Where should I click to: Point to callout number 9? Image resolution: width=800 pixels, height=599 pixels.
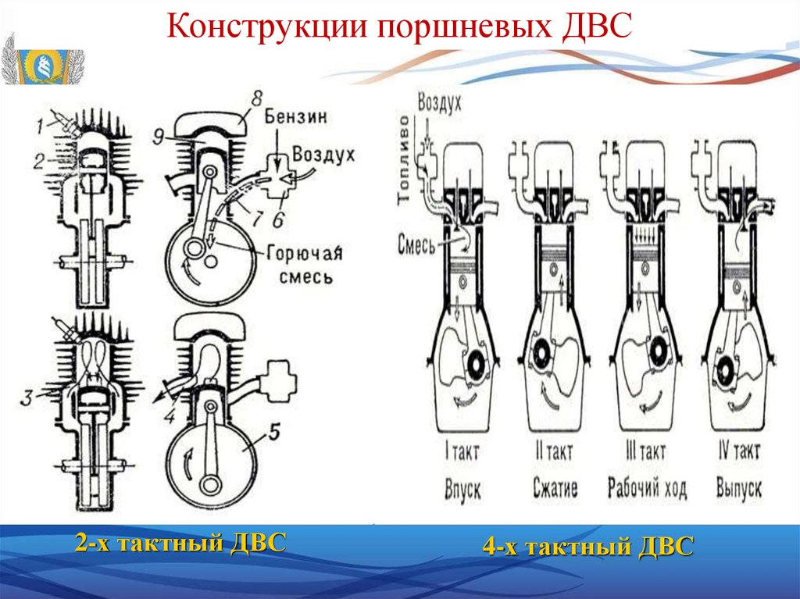click(x=159, y=136)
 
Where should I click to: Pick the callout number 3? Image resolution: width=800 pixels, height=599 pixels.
click(x=27, y=397)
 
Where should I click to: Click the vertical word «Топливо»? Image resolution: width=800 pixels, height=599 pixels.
click(x=404, y=160)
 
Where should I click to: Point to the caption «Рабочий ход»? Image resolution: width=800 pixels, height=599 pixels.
click(x=647, y=489)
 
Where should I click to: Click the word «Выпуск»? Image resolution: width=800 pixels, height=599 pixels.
click(x=738, y=489)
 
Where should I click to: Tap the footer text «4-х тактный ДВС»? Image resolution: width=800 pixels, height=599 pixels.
click(x=587, y=547)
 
